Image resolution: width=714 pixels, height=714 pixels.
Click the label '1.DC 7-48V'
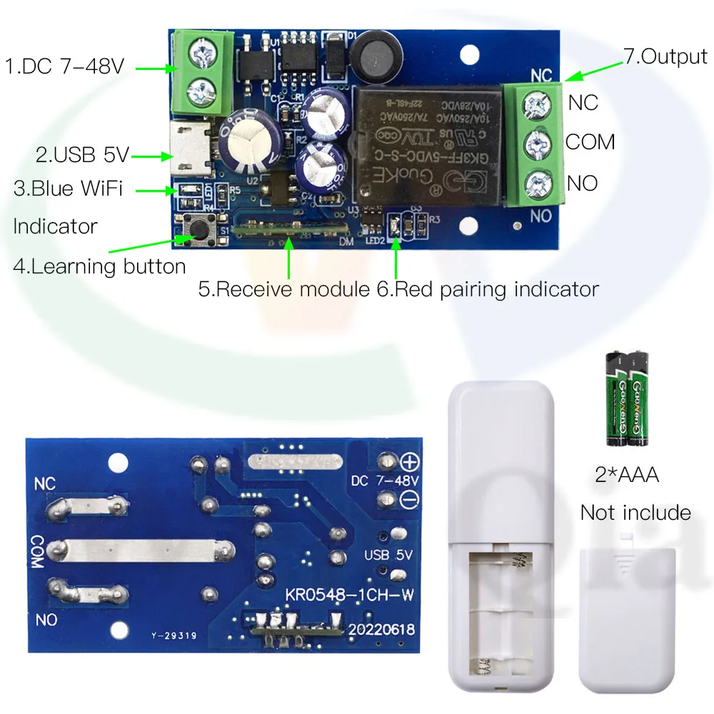coord(65,67)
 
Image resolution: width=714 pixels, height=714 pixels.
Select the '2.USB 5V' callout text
coord(83,154)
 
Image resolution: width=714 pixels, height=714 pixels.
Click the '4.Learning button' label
coord(99,266)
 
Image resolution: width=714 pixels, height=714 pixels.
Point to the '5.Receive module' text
coord(285,289)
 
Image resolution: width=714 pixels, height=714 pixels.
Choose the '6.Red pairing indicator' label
coord(487,289)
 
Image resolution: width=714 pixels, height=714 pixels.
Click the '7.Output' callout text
coord(665,56)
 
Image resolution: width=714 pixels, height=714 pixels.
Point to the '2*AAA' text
coord(628,474)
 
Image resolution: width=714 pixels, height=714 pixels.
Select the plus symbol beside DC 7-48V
coord(411,461)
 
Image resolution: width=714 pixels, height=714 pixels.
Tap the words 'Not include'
coord(635,513)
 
